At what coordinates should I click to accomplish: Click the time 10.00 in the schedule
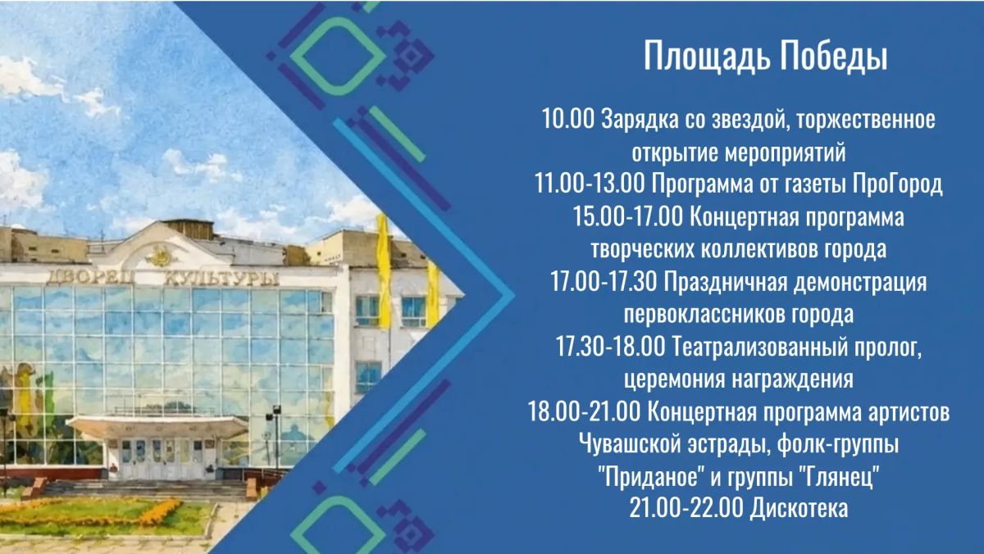click(568, 119)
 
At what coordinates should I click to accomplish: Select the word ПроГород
click(897, 184)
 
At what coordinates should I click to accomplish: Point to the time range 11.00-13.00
click(590, 184)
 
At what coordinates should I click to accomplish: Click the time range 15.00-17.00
click(629, 216)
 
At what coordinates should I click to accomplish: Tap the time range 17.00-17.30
click(604, 282)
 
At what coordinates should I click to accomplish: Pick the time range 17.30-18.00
click(611, 347)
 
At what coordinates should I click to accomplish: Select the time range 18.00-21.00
click(584, 412)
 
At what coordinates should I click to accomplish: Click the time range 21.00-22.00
click(686, 509)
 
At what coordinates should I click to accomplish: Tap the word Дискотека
click(799, 509)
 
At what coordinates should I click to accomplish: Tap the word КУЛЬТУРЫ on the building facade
click(221, 279)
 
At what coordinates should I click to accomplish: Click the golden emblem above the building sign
click(158, 257)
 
